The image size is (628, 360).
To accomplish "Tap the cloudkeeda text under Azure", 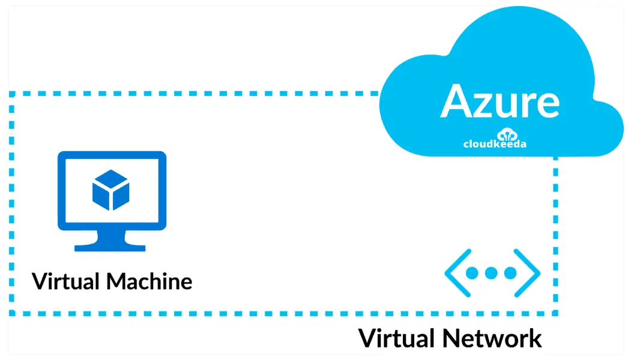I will (x=495, y=143).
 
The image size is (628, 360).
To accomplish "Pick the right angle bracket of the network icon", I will (x=530, y=274).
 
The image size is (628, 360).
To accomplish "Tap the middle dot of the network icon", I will (x=492, y=274).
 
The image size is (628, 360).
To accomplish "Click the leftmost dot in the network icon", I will (x=473, y=274).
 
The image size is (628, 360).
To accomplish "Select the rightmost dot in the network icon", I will (x=510, y=274).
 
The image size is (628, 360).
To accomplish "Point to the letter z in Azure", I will (x=486, y=104).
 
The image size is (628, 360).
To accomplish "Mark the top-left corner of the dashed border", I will (x=12, y=94).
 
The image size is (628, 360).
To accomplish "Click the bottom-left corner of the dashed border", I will (x=12, y=313).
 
